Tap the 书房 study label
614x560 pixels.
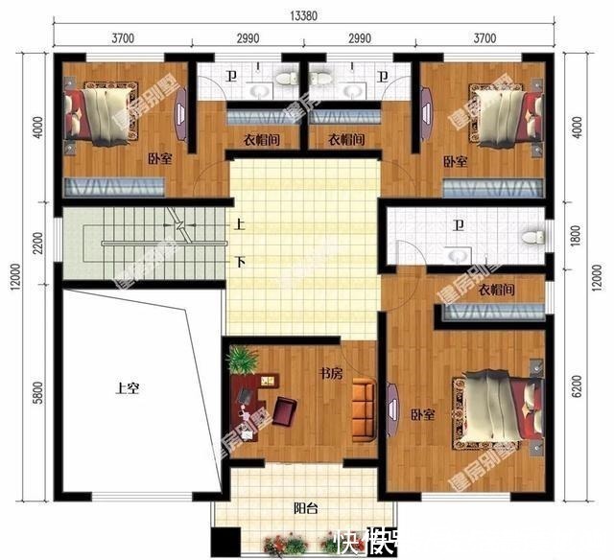coord(331,374)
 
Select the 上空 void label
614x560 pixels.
coord(128,388)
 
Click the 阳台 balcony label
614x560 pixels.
coord(306,510)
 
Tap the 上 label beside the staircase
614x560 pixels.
coord(239,226)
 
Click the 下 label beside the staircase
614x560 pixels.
coord(239,260)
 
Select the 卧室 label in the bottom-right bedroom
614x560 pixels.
coord(423,415)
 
